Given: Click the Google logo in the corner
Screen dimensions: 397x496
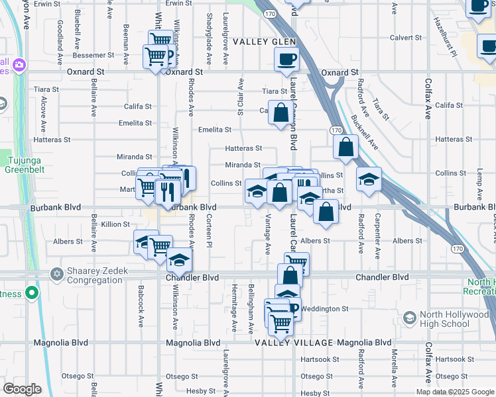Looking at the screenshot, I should [22, 389].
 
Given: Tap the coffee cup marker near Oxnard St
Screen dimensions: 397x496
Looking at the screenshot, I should [287, 59].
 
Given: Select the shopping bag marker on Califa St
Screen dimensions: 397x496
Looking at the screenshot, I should [280, 112].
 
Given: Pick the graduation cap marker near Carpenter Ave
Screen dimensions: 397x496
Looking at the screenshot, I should [369, 179].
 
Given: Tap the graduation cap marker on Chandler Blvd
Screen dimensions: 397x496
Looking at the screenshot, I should [179, 261].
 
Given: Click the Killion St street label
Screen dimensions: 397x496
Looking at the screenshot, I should [116, 224].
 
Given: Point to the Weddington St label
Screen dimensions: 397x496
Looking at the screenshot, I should [326, 309].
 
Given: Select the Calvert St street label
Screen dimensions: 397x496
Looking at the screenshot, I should [406, 38].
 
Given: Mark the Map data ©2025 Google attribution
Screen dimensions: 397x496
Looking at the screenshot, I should [455, 392].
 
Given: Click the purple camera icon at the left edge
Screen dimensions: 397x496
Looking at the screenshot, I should [19, 65].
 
